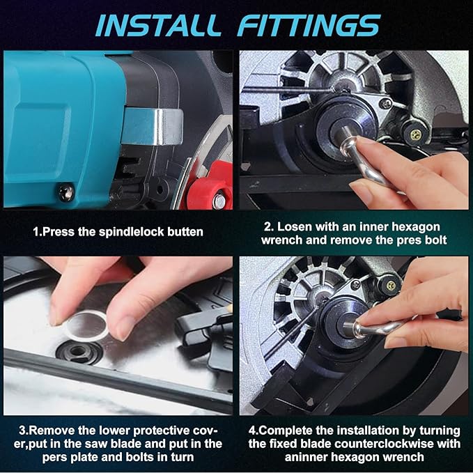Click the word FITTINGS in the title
pos(309,26)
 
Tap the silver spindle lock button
pos(153,127)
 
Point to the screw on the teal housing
pos(65,192)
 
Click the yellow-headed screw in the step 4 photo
pos(391,286)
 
